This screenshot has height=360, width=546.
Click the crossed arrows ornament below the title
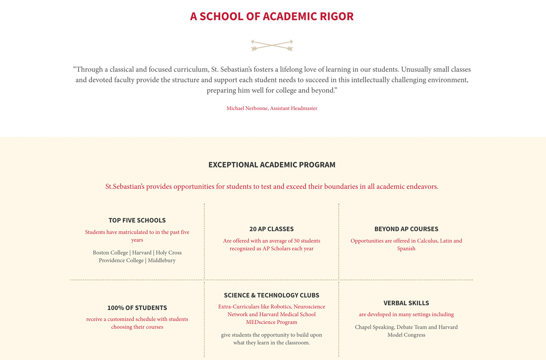(272, 45)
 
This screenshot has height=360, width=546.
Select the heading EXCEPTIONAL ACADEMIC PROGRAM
(272, 165)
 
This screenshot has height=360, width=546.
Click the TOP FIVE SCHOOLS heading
(137, 221)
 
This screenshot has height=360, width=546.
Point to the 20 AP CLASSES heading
(271, 229)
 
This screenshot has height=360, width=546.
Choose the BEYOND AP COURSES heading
(406, 229)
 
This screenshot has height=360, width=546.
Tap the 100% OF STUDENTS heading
(137, 308)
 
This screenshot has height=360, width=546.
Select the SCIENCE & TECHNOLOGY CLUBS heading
(271, 295)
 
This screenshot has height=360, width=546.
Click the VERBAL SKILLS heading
(406, 303)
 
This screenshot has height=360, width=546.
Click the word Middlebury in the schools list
(162, 261)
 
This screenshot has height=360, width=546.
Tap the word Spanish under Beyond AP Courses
(406, 249)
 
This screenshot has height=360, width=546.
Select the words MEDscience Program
(271, 322)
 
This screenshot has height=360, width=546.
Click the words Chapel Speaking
(375, 327)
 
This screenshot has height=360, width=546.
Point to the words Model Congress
(406, 335)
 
